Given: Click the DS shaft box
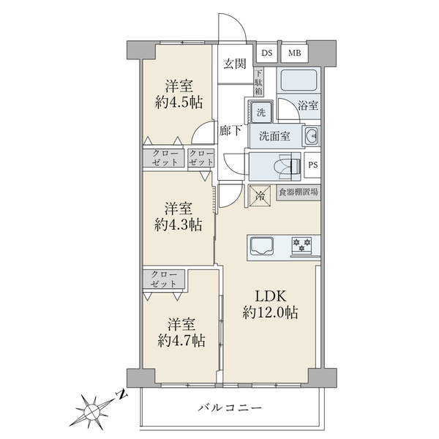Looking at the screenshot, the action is click(267, 53).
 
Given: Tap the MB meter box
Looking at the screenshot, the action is click(295, 53).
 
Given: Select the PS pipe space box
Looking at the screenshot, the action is click(312, 165).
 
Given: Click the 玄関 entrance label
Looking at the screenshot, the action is click(235, 64).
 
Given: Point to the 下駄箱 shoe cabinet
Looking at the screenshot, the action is click(259, 83).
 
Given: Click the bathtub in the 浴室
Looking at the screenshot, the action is click(299, 79).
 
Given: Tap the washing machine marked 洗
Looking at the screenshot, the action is click(261, 112).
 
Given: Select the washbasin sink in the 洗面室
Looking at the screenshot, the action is click(311, 136).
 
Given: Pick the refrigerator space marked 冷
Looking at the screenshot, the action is click(260, 196).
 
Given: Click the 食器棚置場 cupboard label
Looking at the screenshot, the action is click(299, 192).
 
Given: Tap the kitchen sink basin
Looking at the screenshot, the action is click(262, 245).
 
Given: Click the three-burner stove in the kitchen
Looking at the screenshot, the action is click(301, 246).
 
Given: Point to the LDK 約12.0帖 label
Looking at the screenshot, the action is click(270, 304).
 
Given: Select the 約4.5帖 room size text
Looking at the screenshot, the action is click(179, 102).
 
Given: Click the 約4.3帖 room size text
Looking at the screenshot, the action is click(178, 225).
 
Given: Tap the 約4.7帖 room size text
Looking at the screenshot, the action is click(181, 340).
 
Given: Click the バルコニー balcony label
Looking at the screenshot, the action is click(230, 408).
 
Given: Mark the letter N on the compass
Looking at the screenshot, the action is click(121, 395).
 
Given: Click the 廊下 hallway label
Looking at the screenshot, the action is click(230, 130).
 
